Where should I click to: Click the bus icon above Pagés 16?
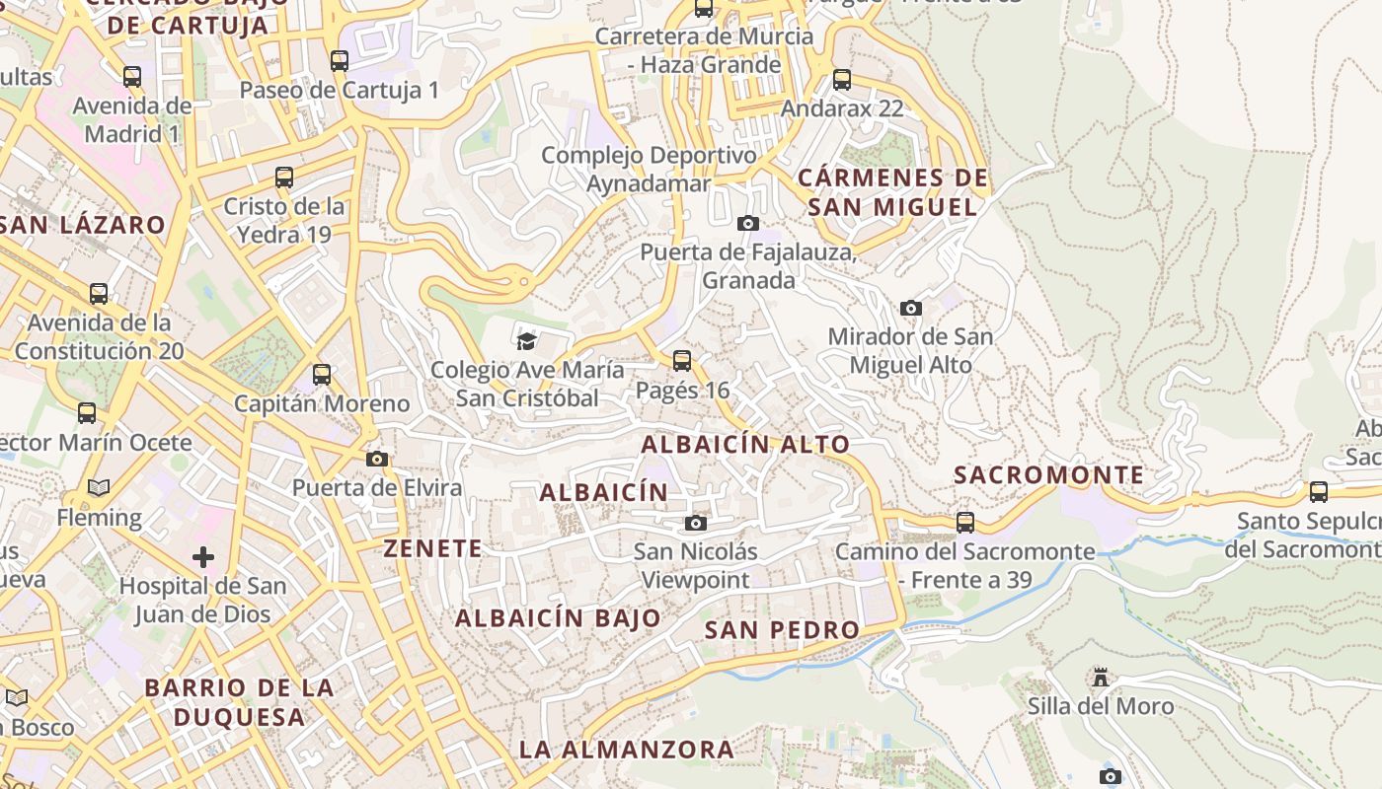coord(682,361)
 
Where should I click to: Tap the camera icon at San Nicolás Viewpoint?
coord(696,523)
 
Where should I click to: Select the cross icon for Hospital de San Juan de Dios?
coord(203,557)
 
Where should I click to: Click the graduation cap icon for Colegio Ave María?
coord(526,341)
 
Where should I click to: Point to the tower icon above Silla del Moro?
coord(1101,678)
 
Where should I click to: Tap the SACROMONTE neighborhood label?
coord(1048,474)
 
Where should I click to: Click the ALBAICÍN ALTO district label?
coord(745,445)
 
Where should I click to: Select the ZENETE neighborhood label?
coord(433,548)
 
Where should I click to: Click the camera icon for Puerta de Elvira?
coord(376,459)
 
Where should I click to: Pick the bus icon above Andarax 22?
coord(842,80)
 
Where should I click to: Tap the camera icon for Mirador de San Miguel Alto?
coord(911,308)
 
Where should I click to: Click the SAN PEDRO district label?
coord(782,629)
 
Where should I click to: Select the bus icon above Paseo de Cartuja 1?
coord(340,61)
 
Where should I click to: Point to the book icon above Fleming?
coord(99,487)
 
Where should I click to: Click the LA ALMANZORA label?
coord(627,749)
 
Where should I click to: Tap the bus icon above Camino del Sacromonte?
coord(965,523)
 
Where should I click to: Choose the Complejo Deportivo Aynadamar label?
coord(649,170)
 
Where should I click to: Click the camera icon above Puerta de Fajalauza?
coord(748,223)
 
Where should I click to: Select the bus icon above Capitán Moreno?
coord(322,375)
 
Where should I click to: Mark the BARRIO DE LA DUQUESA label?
coord(239,701)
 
